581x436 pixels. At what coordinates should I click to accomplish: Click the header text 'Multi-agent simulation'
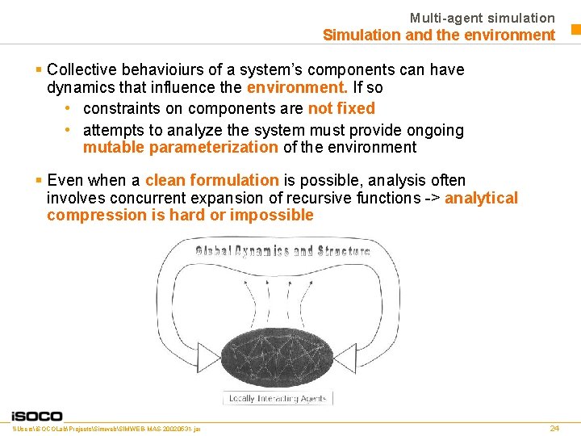(x=482, y=18)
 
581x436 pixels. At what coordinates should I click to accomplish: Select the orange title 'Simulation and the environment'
(x=438, y=35)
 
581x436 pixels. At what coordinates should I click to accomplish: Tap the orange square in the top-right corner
(x=575, y=31)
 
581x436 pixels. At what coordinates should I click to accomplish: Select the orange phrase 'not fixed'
(x=341, y=108)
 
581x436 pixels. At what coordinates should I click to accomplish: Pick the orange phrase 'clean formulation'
(x=211, y=180)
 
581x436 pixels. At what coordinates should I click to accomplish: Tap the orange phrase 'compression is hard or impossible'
(x=180, y=215)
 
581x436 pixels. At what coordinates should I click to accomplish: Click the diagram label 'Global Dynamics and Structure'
(x=282, y=250)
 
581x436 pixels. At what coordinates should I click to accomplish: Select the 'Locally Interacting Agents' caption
(x=277, y=398)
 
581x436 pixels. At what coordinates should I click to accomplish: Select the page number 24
(x=554, y=428)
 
